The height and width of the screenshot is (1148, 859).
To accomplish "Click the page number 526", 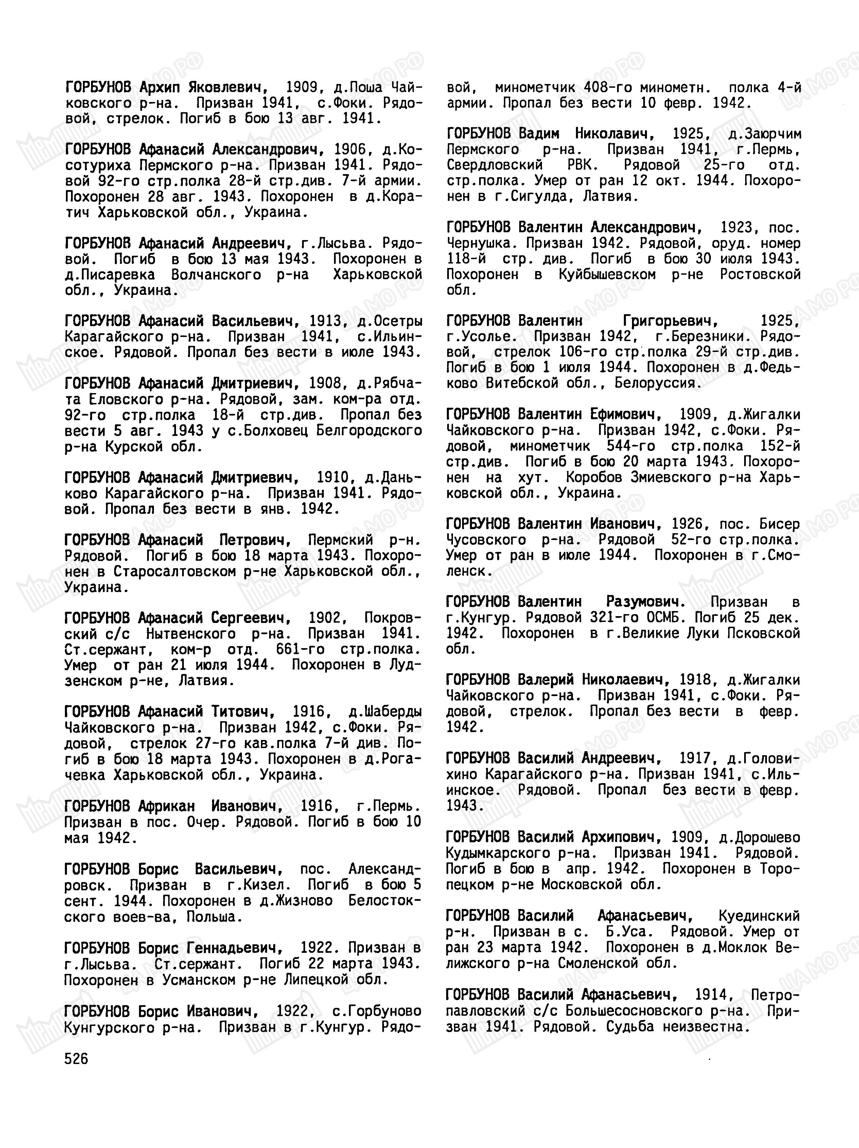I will [76, 1059].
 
